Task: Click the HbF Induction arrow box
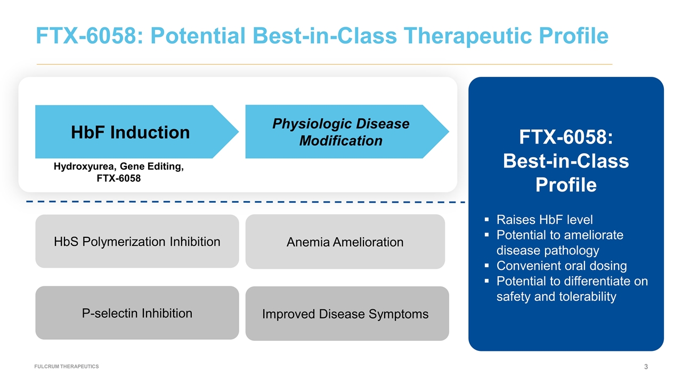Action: [x=131, y=132]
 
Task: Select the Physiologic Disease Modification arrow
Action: [x=341, y=132]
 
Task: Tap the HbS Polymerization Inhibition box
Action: [x=137, y=242]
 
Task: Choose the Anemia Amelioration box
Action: [x=345, y=242]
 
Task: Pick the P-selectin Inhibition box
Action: [x=137, y=313]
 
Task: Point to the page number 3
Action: [x=646, y=366]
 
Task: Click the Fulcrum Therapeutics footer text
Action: [x=67, y=366]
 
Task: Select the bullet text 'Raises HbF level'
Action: [x=544, y=220]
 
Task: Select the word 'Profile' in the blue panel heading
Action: [x=566, y=185]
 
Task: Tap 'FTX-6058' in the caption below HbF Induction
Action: [x=119, y=178]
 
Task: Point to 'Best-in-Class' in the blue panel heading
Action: [x=566, y=161]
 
